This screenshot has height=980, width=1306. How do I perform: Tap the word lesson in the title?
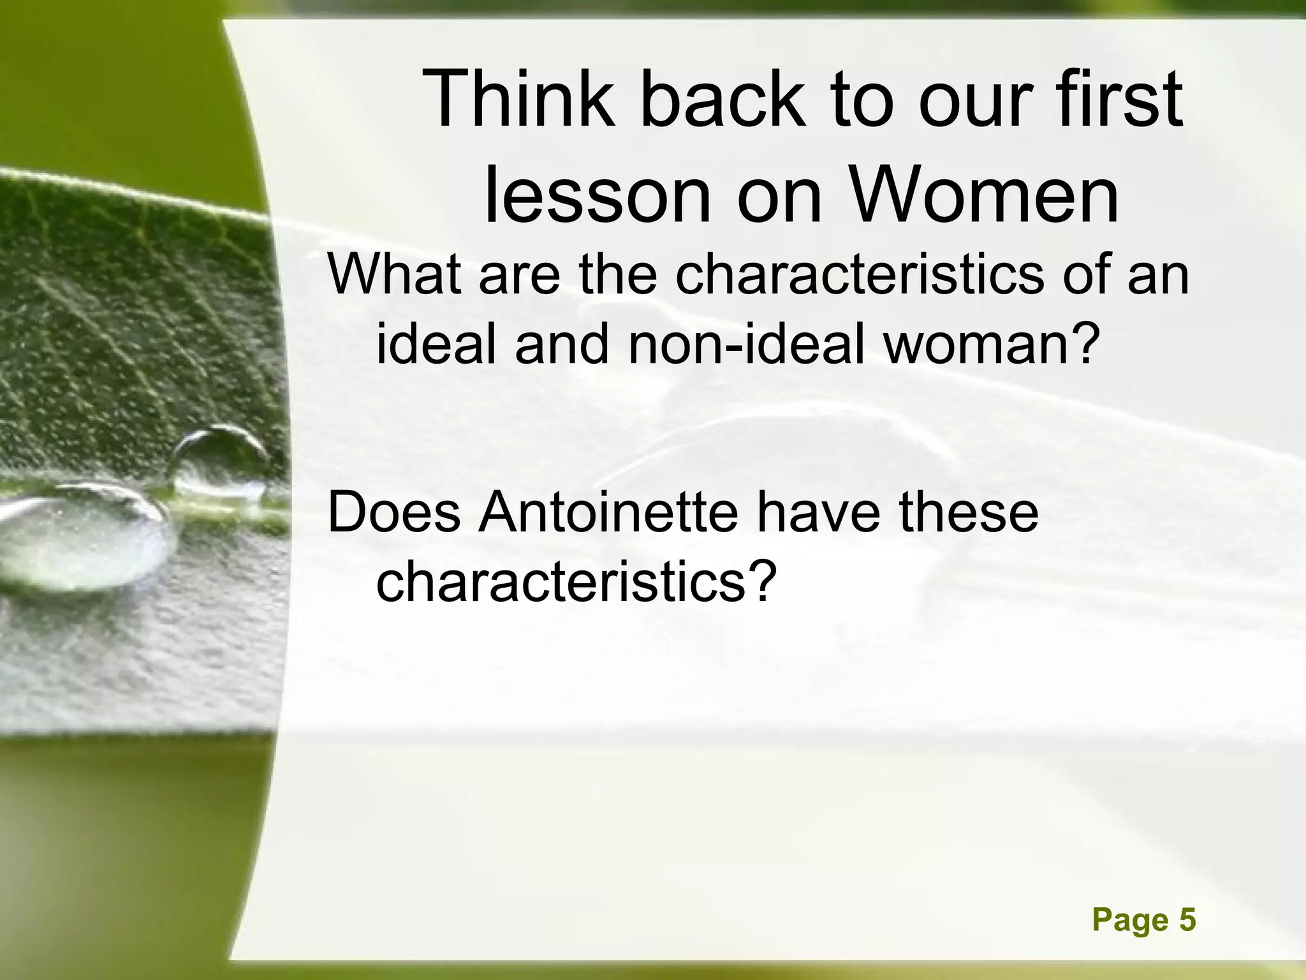coord(596,195)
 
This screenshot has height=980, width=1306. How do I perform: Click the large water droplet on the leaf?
coord(83,536)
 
